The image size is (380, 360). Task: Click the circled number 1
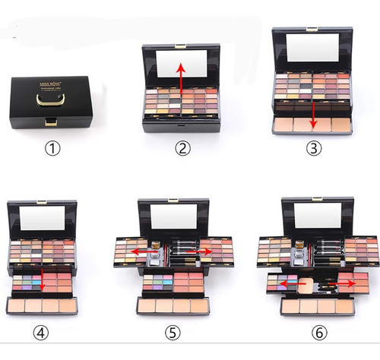pyautogui.click(x=51, y=149)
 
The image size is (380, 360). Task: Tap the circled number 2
pyautogui.click(x=182, y=149)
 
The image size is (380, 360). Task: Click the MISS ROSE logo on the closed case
pyautogui.click(x=51, y=78)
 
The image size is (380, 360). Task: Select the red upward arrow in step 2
pyautogui.click(x=181, y=77)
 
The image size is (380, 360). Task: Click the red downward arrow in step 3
pyautogui.click(x=313, y=111)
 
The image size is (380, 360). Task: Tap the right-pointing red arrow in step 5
pyautogui.click(x=204, y=251)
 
